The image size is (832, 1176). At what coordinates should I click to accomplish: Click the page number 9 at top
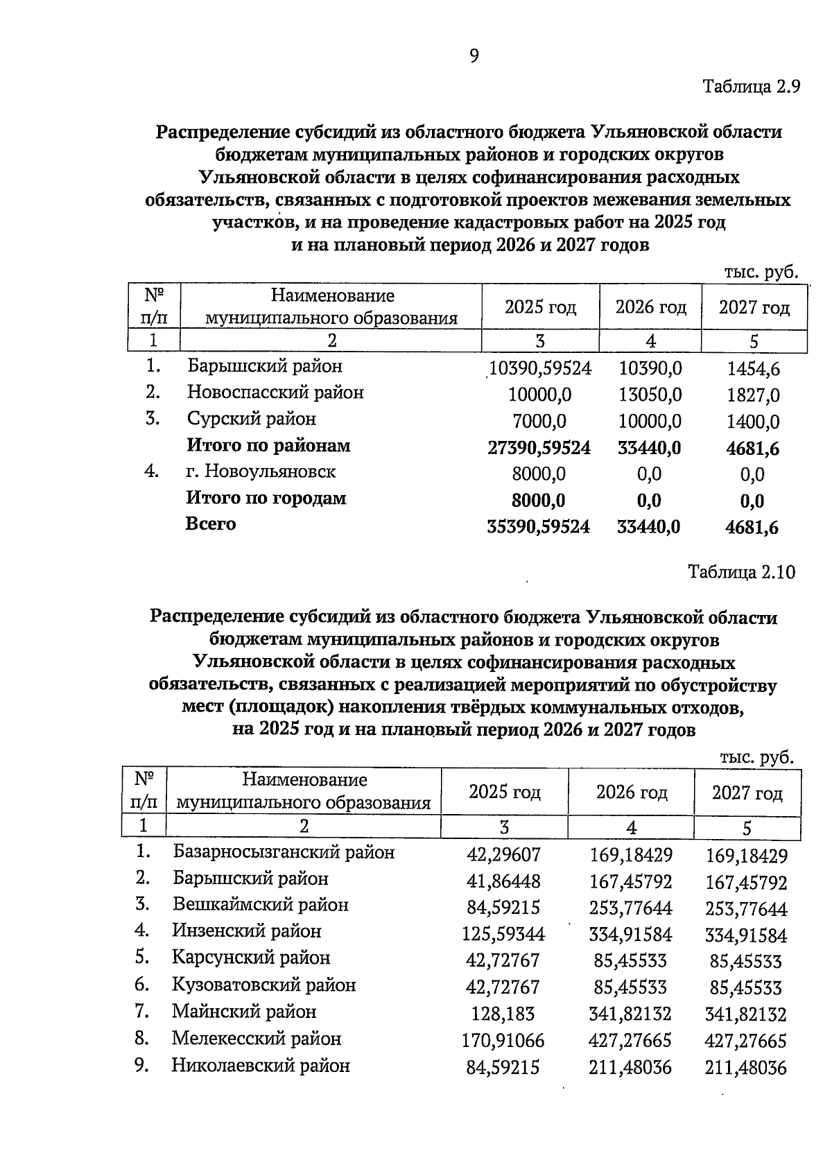pos(474,56)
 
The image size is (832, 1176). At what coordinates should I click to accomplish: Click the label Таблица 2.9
pos(752,87)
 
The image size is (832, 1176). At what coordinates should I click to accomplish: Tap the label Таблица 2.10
pos(741,572)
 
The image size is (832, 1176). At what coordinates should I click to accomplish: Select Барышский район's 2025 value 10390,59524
pos(540,368)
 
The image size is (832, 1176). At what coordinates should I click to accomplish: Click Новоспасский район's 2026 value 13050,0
pos(650,395)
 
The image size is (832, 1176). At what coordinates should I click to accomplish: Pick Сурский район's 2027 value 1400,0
pos(753,422)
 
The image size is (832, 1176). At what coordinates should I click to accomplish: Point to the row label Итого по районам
pos(268,445)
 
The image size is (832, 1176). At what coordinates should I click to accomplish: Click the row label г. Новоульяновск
pos(261,472)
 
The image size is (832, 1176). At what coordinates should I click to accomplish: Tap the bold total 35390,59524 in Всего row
pos(539,527)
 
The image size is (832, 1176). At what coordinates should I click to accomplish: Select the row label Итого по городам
pos(266,498)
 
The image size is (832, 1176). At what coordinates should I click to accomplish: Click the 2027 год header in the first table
pos(754,307)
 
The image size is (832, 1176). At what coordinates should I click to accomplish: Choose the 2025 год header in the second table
pos(504,791)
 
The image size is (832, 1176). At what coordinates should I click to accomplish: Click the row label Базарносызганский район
pos(284,851)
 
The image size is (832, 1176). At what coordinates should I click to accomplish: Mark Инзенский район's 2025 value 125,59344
pos(503,934)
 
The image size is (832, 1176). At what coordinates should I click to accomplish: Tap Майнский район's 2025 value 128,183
pos(503,1014)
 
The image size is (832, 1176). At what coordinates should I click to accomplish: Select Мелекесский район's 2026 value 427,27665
pos(630,1040)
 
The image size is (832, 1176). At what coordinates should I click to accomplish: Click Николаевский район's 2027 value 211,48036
pos(746,1067)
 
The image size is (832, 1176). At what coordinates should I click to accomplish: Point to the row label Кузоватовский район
pos(264,985)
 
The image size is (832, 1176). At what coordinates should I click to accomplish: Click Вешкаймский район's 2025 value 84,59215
pos(503,908)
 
